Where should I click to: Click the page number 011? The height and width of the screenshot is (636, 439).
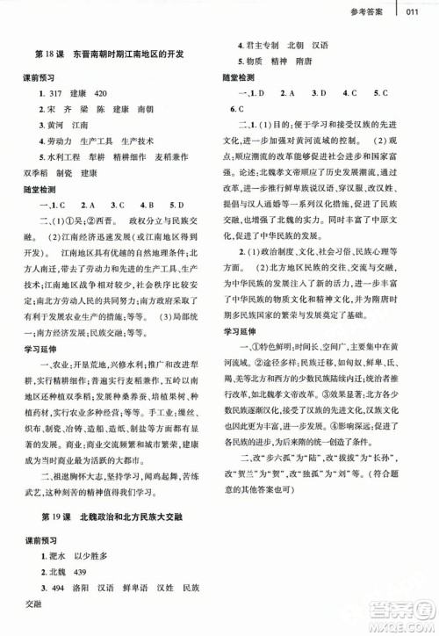(418, 11)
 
